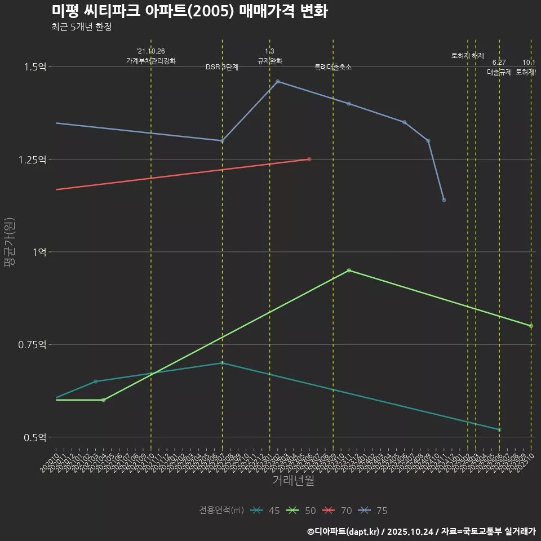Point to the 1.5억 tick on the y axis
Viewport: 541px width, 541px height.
(x=35, y=67)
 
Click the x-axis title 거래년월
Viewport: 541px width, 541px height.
(x=293, y=481)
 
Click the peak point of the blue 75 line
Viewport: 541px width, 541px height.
(x=277, y=82)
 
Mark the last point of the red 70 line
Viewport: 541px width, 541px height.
(x=309, y=159)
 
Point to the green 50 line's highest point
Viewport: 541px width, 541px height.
(x=349, y=270)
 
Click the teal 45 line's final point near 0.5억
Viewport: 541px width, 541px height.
(x=499, y=430)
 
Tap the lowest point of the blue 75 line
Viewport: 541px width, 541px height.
(x=444, y=200)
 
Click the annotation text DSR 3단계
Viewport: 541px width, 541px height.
(x=222, y=67)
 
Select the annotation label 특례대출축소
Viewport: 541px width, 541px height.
(x=333, y=67)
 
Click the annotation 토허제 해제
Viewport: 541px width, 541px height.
(x=468, y=56)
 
